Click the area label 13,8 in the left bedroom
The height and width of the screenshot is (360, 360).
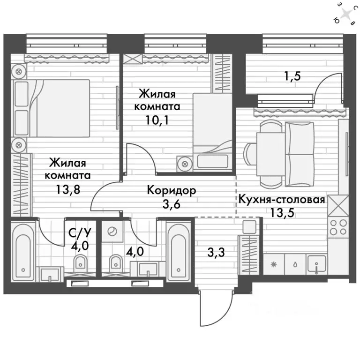(68, 190)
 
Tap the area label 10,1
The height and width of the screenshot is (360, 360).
(157, 120)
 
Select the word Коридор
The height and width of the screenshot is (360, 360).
(172, 190)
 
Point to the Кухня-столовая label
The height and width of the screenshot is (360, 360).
(282, 199)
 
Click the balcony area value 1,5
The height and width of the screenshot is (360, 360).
(292, 76)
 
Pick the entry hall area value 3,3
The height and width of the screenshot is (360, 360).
(216, 253)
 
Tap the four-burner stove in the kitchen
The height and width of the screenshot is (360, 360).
(338, 227)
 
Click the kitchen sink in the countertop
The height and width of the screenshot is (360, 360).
(316, 264)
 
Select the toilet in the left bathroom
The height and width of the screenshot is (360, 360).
(80, 264)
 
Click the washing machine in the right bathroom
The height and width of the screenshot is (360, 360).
(112, 232)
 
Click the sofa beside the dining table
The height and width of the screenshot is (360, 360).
(300, 154)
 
